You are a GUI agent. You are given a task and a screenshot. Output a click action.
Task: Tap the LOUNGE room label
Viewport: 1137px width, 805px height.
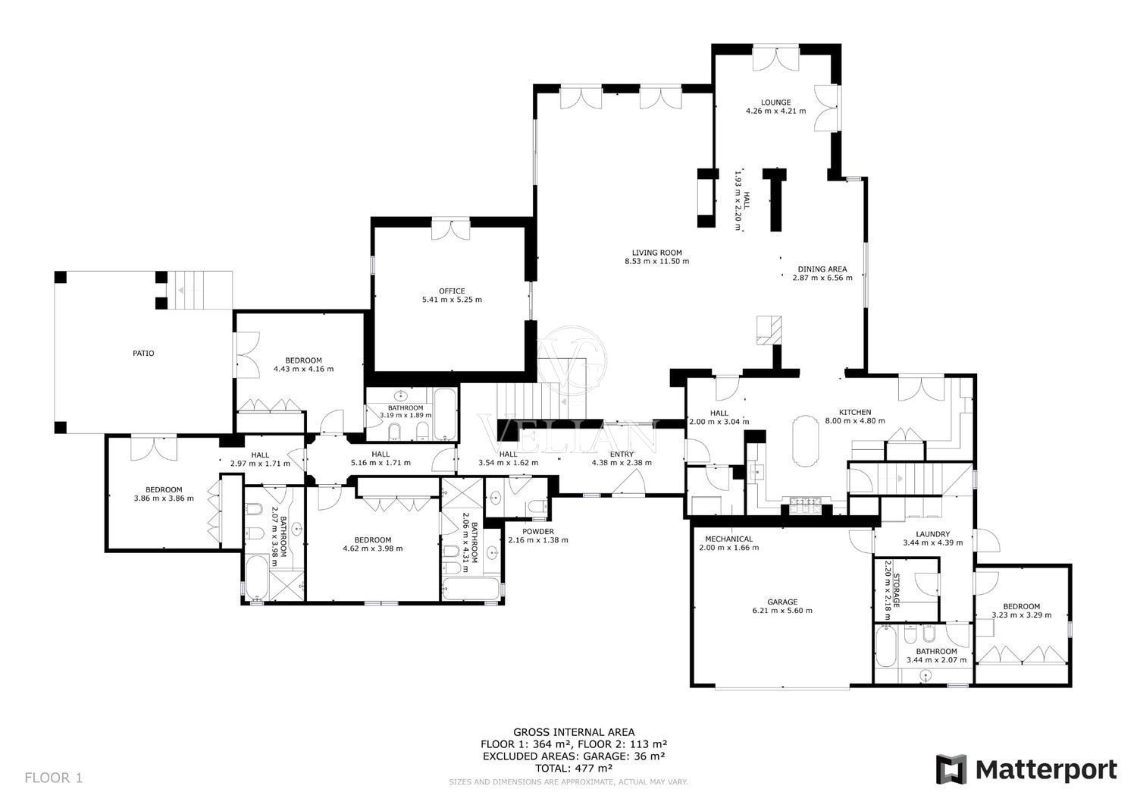[x=775, y=102]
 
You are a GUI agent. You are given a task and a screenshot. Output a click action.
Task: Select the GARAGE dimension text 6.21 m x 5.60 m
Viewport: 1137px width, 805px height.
[x=782, y=610]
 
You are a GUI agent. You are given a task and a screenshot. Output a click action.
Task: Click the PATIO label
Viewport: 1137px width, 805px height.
[x=144, y=354]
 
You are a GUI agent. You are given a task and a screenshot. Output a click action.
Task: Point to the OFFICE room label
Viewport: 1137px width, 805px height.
[x=452, y=291]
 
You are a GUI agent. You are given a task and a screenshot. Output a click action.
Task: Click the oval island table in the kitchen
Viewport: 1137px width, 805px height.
[x=806, y=441]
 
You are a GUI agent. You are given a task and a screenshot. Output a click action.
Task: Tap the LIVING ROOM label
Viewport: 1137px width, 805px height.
[x=657, y=253]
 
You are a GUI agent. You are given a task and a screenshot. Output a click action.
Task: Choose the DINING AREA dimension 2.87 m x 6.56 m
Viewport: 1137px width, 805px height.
[x=822, y=278]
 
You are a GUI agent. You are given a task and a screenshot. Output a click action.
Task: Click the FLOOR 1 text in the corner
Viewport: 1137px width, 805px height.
[x=53, y=778]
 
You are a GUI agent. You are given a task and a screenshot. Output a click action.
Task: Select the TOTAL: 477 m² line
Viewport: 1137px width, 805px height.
[x=574, y=768]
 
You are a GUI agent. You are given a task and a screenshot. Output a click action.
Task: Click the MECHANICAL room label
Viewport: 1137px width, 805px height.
[x=729, y=539]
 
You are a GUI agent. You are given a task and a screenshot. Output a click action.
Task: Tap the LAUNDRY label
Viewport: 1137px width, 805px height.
[x=933, y=534]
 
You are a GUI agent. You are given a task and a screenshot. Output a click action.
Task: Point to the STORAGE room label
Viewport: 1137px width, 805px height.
[x=897, y=590]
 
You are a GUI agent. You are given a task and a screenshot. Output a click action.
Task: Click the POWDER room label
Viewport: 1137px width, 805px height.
[x=538, y=532]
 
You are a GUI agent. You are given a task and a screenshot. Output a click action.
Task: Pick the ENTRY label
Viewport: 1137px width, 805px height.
[x=622, y=454]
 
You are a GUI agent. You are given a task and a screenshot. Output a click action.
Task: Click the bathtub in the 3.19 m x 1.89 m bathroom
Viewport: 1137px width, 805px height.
[x=446, y=414]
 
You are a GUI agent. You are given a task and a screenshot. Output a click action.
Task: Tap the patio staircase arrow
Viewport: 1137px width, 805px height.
[x=180, y=290]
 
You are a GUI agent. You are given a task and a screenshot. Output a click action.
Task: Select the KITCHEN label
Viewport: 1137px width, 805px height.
[x=855, y=412]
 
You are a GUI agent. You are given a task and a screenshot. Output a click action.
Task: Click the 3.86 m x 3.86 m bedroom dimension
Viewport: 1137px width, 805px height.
[x=164, y=498]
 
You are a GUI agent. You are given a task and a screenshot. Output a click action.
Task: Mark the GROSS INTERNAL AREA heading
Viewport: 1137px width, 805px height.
[x=574, y=732]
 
